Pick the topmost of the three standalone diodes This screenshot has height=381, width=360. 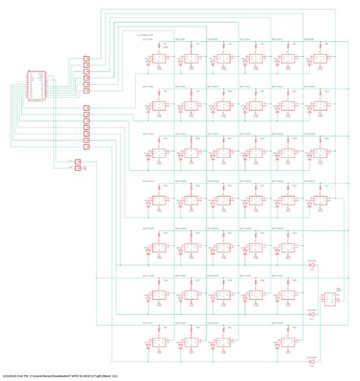click(311, 264)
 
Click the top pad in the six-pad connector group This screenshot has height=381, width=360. click(85, 58)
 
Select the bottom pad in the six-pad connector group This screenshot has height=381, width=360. click(85, 90)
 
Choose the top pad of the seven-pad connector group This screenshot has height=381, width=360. click(85, 106)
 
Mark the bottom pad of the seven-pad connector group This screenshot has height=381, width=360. click(85, 145)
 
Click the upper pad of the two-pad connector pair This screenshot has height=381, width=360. click(79, 161)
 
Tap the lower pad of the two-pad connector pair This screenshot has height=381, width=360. click(79, 168)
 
